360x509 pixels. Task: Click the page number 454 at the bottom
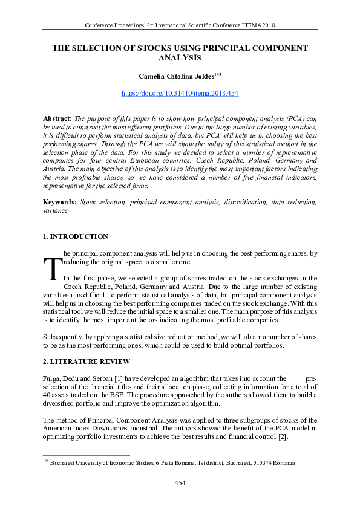pos(180,482)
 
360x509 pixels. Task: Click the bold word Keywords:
pos(61,200)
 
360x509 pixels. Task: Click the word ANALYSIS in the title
pos(180,58)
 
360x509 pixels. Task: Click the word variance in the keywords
pos(55,212)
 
